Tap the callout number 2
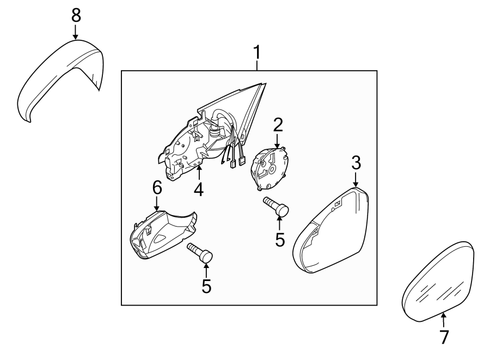pos(278,125)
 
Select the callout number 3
pos(356,162)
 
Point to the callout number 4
pos(198,189)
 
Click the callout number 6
pos(157,188)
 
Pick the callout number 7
pos(444,337)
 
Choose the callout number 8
pos(75,15)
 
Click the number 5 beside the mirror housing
pos(280,240)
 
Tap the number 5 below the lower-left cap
pos(206,286)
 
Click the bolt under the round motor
pos(277,206)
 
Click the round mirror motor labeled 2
pos(270,167)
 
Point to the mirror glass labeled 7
pos(438,280)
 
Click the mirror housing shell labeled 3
pos(332,231)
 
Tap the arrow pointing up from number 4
pos(199,174)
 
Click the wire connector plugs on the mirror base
pos(238,161)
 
